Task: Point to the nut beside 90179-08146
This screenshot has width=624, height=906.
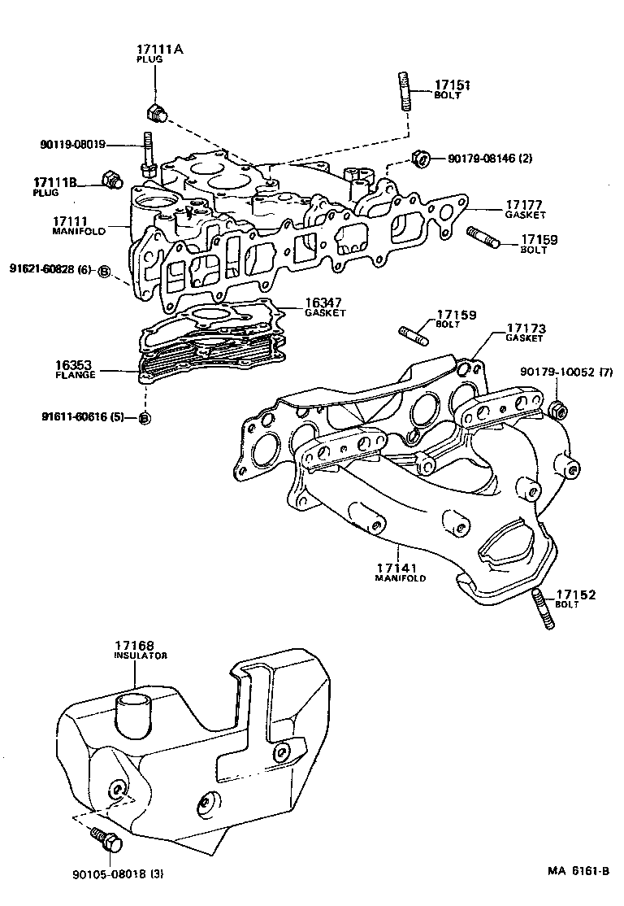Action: coord(420,160)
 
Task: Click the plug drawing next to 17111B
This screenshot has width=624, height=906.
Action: coord(110,179)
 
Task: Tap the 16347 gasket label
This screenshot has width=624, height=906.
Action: coord(322,303)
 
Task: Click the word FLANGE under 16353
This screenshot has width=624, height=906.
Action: coord(75,375)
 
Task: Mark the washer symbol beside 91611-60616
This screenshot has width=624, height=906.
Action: coord(144,418)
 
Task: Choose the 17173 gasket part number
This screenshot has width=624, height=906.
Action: coord(526,329)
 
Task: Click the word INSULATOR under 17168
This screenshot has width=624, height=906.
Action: coord(140,656)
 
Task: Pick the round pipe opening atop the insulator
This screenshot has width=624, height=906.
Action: coord(133,701)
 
